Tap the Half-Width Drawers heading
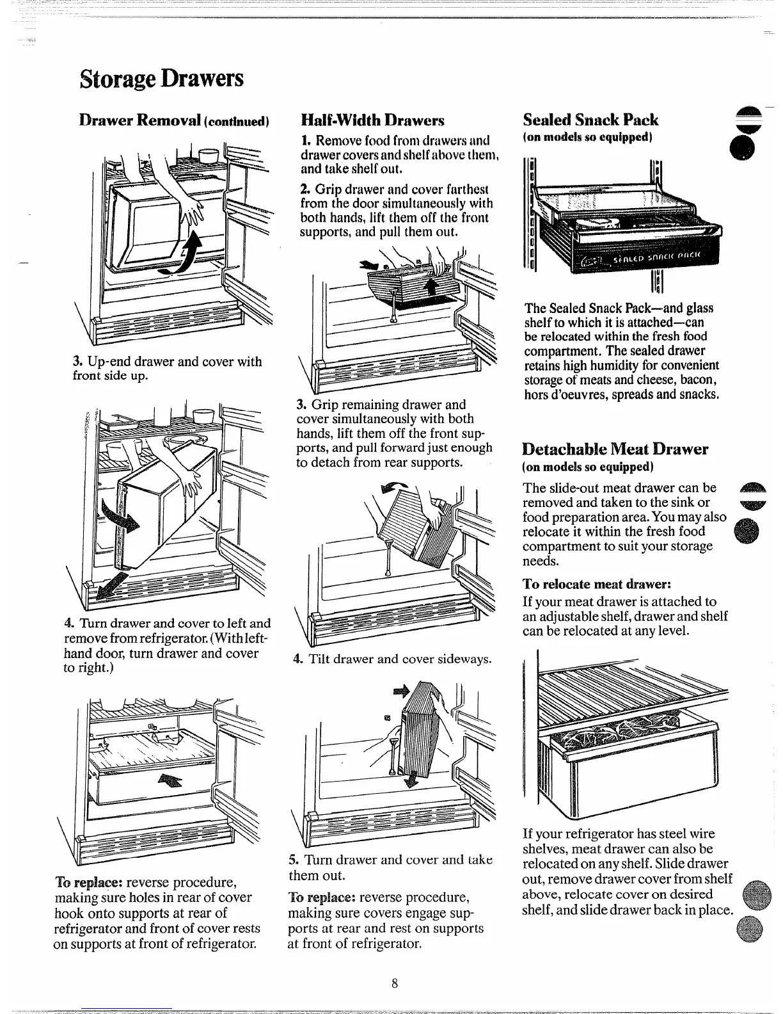(372, 120)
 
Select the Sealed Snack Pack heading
(590, 120)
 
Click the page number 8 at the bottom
(395, 984)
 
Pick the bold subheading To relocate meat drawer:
(596, 584)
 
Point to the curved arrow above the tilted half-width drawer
(391, 487)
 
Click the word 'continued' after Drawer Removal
(242, 121)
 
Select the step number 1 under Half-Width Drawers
(305, 140)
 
